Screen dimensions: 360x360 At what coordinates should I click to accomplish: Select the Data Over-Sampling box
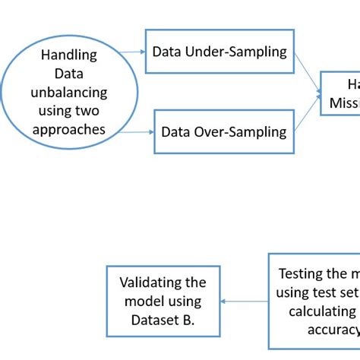coord(223,131)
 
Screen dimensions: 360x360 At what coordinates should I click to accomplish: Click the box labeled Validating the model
coord(163,301)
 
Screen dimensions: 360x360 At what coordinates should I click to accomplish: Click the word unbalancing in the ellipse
coord(69,93)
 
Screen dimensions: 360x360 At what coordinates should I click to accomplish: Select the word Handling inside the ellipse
coord(69,55)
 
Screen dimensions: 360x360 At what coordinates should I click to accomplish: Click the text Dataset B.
coord(163,320)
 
